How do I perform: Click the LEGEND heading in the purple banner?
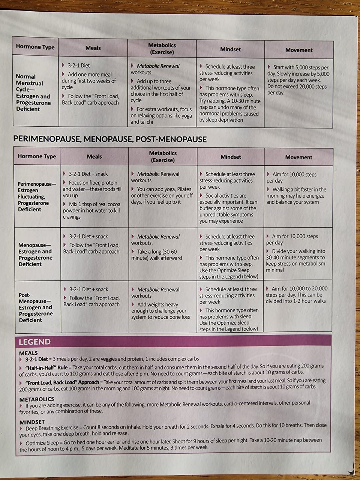[34, 342]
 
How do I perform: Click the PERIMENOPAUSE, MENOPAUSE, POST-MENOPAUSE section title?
[110, 139]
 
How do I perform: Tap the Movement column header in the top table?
[298, 50]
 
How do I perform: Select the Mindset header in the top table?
[230, 49]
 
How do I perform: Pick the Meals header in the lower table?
[94, 156]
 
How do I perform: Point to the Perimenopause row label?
[37, 196]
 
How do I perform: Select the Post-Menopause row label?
[36, 307]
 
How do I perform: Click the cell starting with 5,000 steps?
[298, 80]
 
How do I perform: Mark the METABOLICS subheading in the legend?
[37, 399]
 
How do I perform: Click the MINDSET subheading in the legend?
[32, 422]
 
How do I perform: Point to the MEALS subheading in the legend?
[28, 353]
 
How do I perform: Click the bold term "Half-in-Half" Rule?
[46, 367]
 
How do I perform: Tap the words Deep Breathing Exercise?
[52, 428]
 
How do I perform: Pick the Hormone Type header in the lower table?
[37, 156]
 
